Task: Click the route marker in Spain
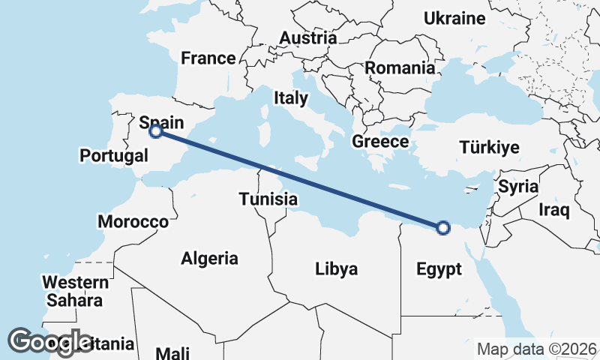tap(155, 131)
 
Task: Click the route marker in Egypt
tap(443, 227)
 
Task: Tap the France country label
tap(208, 58)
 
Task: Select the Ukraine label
tap(454, 19)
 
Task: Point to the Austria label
tap(307, 37)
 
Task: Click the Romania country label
tap(400, 68)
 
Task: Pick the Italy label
tap(291, 97)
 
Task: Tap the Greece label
tap(380, 142)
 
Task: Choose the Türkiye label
tap(489, 147)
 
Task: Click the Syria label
tap(518, 186)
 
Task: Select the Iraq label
tap(554, 209)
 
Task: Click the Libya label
tap(336, 268)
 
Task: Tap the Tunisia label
tap(269, 199)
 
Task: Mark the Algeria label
tap(209, 259)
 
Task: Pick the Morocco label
tap(133, 222)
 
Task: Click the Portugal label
tap(114, 156)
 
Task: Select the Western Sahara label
tap(75, 291)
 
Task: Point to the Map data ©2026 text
tap(537, 349)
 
